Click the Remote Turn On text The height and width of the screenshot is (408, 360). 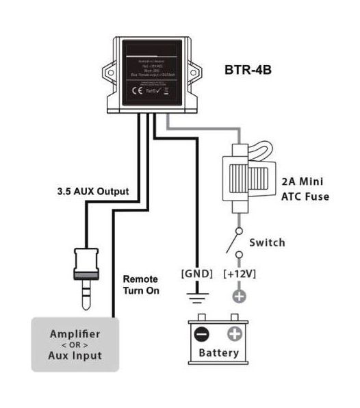141,284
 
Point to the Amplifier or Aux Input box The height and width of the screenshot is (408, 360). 75,344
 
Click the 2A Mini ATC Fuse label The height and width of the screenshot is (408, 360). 307,189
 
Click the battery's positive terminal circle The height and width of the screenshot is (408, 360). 234,335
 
